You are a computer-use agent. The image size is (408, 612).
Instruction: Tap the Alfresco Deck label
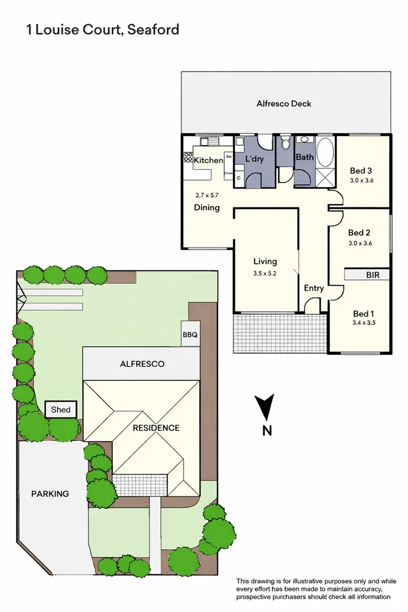coord(284,104)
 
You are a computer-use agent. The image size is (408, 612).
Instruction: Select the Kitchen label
coord(209,160)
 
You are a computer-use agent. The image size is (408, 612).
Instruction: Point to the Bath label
coord(304,157)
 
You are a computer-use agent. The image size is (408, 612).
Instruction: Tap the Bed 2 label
coord(359,232)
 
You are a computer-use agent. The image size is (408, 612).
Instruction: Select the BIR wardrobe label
coord(373,275)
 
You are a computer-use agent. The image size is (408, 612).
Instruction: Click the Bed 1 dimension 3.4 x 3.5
coord(364,323)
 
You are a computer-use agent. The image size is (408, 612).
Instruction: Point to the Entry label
coord(314,288)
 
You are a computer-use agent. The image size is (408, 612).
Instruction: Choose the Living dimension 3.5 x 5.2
coord(265,272)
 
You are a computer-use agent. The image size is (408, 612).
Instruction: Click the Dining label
coord(207,207)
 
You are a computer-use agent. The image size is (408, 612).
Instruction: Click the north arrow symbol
coord(265,407)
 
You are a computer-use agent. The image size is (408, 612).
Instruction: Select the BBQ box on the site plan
coord(190,335)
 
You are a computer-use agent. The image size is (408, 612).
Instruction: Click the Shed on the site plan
coord(61,410)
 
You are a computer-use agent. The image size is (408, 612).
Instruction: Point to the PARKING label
coord(50,494)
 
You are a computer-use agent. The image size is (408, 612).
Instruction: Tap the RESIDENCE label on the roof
coord(156,428)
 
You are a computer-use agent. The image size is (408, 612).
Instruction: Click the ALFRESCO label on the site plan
coord(142,364)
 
